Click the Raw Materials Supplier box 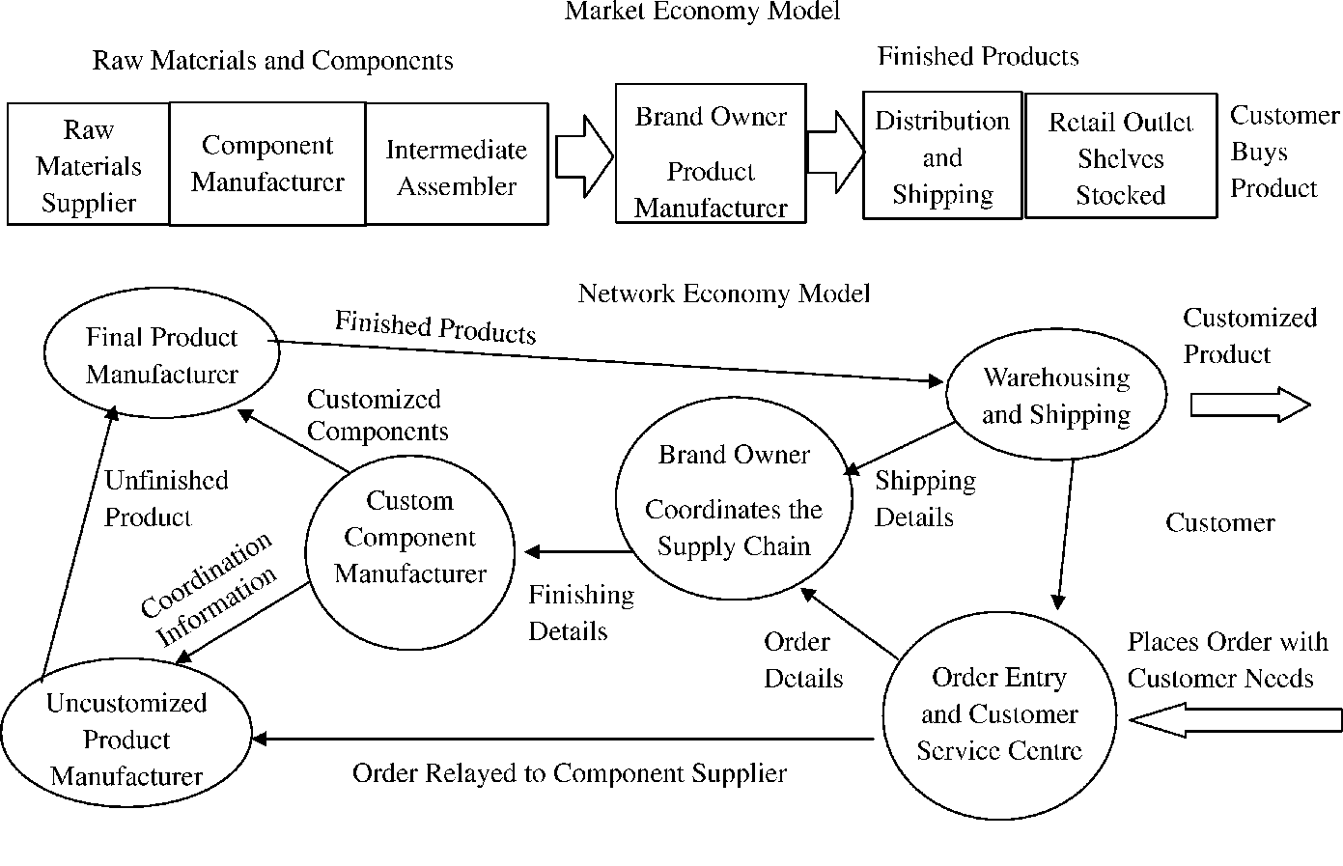coord(89,165)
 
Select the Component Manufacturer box coord(267,163)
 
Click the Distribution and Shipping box coord(942,157)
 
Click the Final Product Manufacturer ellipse coord(161,355)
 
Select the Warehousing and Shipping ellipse coord(1056,395)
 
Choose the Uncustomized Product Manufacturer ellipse coord(126,740)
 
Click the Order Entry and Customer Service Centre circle coord(999,714)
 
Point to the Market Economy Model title coord(702,12)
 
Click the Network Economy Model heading coord(723,293)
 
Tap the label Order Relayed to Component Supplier coord(570,773)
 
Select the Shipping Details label coord(924,499)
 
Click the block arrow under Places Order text coord(1235,719)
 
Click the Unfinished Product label coord(166,498)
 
